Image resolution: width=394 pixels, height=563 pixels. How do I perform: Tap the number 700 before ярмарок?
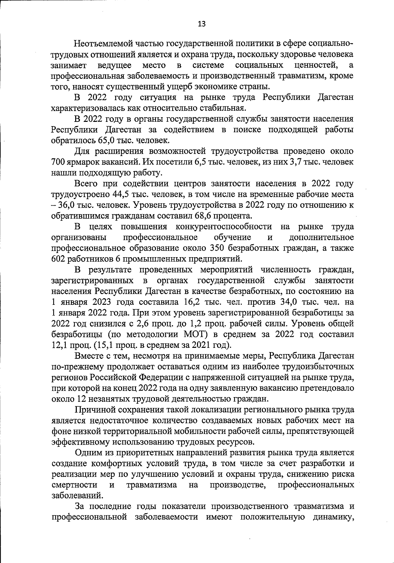click(x=58, y=162)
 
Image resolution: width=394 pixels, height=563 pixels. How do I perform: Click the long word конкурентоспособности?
click(x=224, y=227)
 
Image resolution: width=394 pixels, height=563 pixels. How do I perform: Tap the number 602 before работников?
click(x=58, y=259)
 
